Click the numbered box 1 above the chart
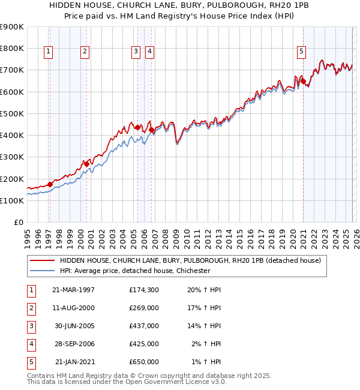coord(48,52)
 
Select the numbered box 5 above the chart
coord(301,52)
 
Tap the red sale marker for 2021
coord(303,81)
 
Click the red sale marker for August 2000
coord(86,163)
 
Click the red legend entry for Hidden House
coord(190,260)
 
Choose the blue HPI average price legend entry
coord(134,271)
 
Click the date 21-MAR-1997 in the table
coord(74,290)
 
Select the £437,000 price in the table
coord(144,326)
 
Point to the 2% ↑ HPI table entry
coord(206,344)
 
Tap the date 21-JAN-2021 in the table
coord(74,362)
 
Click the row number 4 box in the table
coord(31,344)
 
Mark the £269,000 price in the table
coord(144,308)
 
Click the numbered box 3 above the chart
coord(136,52)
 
